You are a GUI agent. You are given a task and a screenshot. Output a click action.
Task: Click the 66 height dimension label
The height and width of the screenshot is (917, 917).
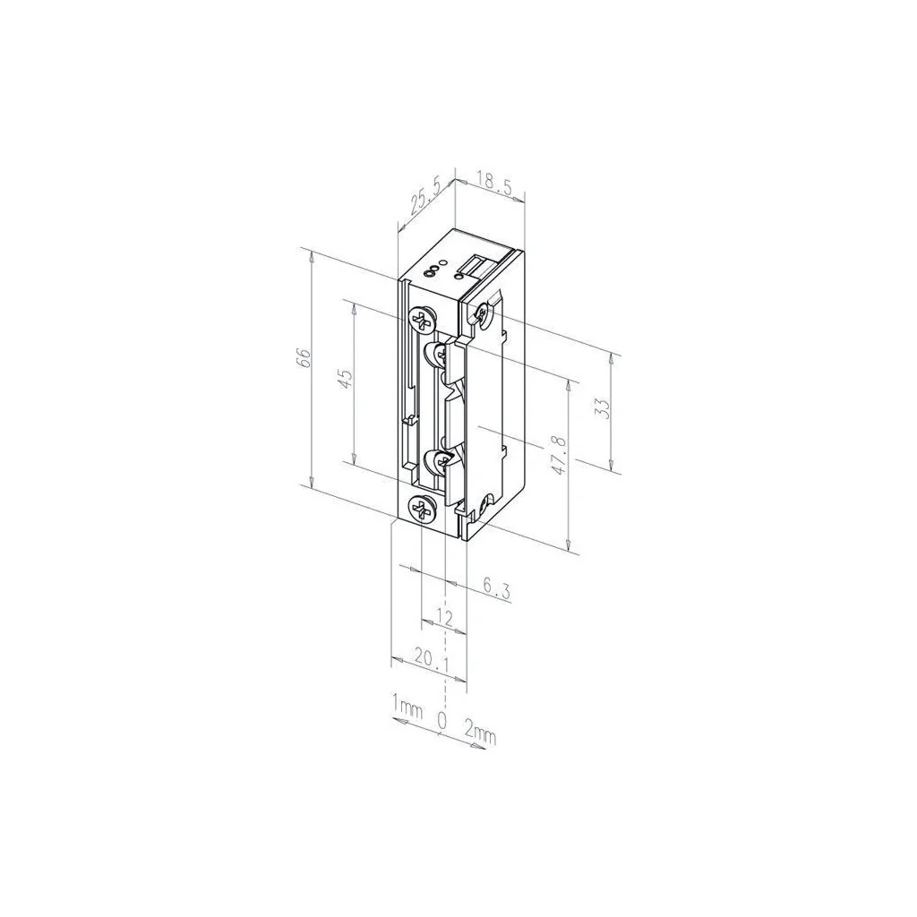click(304, 356)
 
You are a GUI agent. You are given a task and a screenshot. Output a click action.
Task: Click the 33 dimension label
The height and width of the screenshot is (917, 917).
click(603, 407)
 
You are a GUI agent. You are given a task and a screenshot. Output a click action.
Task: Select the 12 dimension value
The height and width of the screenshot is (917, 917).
click(445, 618)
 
